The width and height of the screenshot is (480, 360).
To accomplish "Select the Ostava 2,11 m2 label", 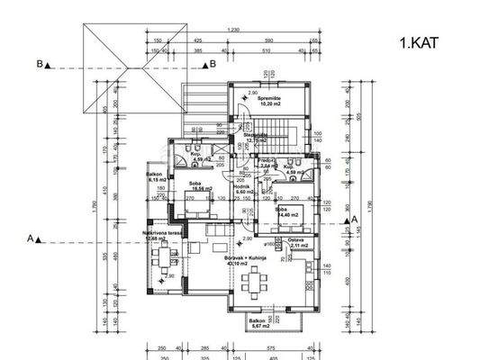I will (298, 242).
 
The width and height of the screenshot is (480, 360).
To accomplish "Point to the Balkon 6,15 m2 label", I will (154, 177).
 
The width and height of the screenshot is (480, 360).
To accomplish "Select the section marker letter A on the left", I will (32, 238).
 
